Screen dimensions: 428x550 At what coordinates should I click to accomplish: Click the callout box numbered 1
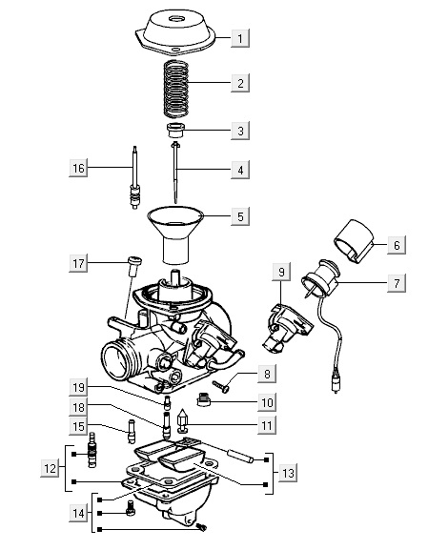tap(240, 38)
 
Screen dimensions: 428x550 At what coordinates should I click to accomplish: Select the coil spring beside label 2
tap(176, 89)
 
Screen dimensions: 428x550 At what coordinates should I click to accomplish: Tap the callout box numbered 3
tap(240, 131)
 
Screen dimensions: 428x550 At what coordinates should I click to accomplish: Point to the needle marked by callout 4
tap(175, 173)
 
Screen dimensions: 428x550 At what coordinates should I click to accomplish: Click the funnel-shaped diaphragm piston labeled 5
tap(175, 234)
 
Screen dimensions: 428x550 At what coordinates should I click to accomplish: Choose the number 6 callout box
tap(397, 245)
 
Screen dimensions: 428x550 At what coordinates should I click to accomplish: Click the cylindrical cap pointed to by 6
tap(354, 241)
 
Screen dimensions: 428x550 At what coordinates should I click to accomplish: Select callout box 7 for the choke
tap(397, 283)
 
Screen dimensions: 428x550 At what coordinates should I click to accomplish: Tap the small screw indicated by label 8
tap(220, 387)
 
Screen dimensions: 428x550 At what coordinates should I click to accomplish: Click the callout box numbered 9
tap(281, 272)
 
